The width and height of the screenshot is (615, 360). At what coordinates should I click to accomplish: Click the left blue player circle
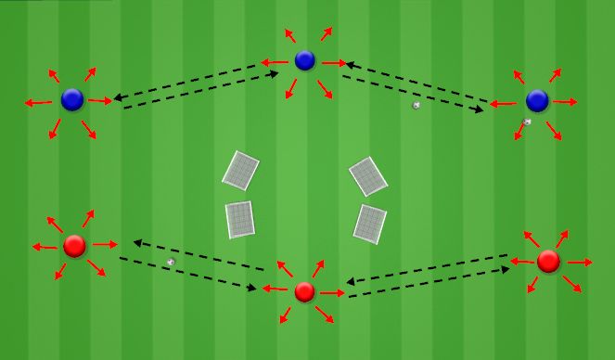point(72,99)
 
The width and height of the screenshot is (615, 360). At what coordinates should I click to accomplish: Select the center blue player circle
point(305,60)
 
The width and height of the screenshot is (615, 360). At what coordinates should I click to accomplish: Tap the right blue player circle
point(537,100)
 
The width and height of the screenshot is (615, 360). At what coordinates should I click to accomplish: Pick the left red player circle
point(75,246)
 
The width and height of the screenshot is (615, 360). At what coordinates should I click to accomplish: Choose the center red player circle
point(305,292)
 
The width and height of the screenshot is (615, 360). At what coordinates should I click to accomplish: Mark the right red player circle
point(548,261)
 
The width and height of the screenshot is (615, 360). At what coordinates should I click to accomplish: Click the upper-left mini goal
point(241,170)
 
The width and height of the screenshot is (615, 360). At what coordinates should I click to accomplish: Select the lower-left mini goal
point(239,219)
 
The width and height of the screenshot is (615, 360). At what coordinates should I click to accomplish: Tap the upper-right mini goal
point(367,175)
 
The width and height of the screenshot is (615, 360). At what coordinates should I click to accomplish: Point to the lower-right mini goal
point(369,224)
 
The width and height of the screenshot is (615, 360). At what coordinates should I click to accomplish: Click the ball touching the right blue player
point(527,122)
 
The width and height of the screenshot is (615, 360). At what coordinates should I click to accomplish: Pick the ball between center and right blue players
point(416,105)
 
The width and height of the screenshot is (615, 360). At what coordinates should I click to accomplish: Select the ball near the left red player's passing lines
point(170,263)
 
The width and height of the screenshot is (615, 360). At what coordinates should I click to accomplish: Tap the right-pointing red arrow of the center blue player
point(335,63)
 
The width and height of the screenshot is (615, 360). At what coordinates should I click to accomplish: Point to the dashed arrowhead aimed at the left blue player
point(118,96)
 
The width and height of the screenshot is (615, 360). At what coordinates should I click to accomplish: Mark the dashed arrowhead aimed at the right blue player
point(480,110)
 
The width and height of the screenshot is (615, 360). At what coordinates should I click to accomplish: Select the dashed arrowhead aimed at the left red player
point(137,242)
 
